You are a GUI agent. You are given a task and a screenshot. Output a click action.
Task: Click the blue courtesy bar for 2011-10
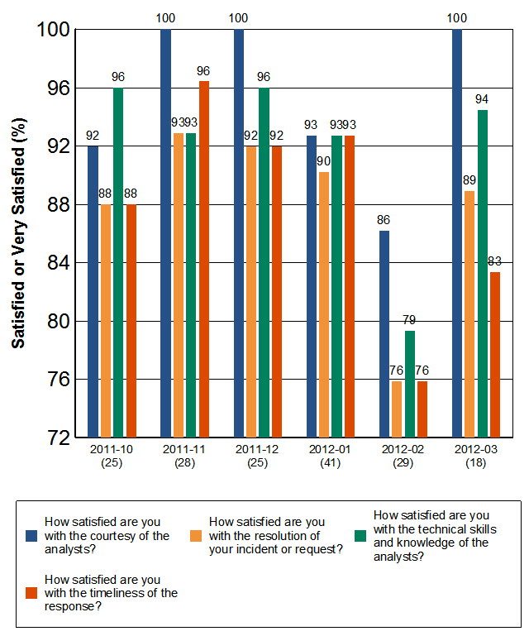[x=93, y=291]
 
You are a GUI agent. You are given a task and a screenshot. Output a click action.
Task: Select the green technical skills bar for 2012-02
[x=410, y=384]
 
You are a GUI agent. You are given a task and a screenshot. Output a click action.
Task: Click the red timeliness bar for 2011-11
[x=203, y=258]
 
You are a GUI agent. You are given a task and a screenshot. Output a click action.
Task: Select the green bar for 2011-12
[x=264, y=261]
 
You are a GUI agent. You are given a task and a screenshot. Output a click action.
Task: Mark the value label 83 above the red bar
[x=495, y=262]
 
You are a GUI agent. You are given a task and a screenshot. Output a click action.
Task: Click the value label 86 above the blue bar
[x=384, y=220]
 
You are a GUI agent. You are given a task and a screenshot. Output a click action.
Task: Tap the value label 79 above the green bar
[x=410, y=321]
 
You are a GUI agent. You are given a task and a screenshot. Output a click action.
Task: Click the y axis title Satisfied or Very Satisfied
[x=18, y=232]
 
